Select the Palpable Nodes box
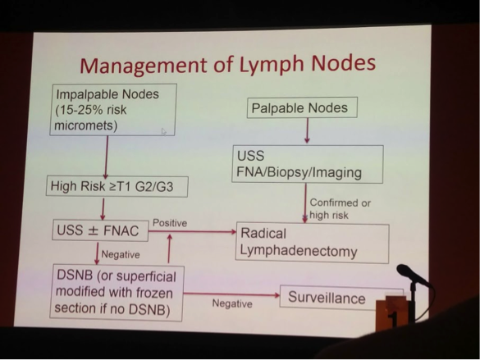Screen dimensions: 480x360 [x=302, y=107]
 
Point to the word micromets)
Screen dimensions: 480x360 [x=86, y=125]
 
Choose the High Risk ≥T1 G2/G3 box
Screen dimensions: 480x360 [x=117, y=186]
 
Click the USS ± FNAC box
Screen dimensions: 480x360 [x=100, y=230]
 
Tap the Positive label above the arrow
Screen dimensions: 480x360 [x=170, y=223]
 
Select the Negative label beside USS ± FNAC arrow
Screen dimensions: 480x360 [x=121, y=254]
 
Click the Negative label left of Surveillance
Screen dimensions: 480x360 [x=232, y=303]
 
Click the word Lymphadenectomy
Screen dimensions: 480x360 [x=299, y=251]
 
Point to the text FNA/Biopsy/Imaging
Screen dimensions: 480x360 [x=299, y=172]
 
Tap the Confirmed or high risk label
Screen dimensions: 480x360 [x=340, y=209]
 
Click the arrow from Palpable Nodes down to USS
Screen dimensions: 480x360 [x=308, y=130]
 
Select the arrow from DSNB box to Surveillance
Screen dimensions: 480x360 [x=231, y=294]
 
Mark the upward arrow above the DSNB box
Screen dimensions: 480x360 [x=169, y=249]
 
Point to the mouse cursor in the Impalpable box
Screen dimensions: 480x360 [x=164, y=131]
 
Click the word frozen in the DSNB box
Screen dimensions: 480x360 [x=154, y=293]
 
